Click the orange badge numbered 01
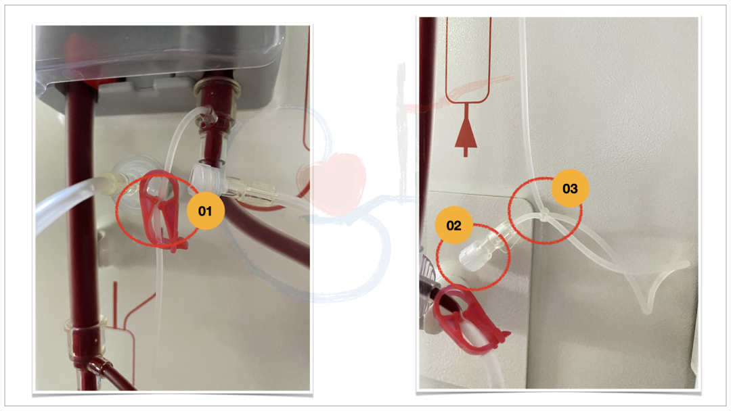coord(205,211)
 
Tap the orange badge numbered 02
coord(453,225)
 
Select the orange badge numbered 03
coord(570,189)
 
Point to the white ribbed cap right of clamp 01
coord(208,178)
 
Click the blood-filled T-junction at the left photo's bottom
coord(93,358)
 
